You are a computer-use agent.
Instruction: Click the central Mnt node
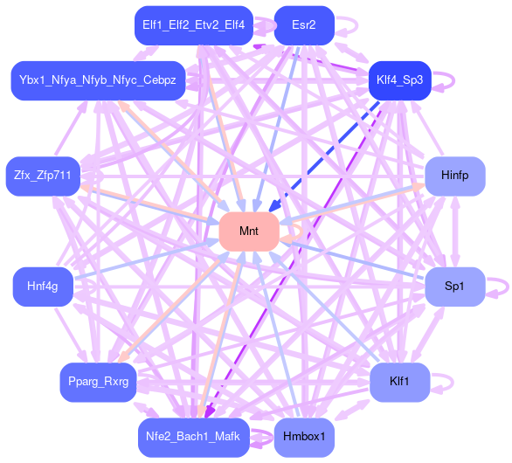click(249, 231)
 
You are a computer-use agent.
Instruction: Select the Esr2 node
click(304, 25)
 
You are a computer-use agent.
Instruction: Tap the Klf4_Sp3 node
click(399, 80)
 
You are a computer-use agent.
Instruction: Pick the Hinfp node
click(455, 176)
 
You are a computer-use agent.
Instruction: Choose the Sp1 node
click(455, 287)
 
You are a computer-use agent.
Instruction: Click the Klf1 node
click(399, 382)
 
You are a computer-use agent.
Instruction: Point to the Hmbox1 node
click(304, 437)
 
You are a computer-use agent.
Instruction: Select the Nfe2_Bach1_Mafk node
click(194, 437)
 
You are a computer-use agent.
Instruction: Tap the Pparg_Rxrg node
click(98, 382)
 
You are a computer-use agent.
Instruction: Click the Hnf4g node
click(43, 287)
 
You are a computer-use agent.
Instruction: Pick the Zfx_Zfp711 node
click(43, 176)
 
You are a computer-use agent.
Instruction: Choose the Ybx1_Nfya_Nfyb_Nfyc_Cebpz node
click(98, 80)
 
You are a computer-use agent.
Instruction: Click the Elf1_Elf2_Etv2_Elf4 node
click(194, 25)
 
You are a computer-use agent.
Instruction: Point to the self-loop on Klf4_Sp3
click(453, 80)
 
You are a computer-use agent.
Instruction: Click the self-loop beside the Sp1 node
click(508, 287)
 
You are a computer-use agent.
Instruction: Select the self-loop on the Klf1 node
click(453, 382)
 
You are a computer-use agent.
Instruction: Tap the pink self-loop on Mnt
click(301, 231)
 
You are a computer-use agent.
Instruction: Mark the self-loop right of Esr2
click(356, 25)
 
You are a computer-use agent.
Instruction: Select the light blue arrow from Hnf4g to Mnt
click(147, 259)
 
